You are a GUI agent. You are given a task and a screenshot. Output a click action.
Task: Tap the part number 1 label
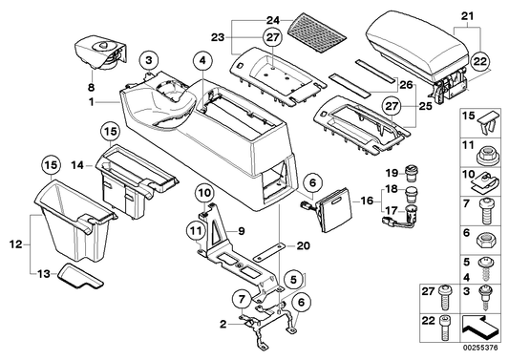[x=90, y=100]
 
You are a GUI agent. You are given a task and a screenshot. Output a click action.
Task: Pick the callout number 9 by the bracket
[x=243, y=231]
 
